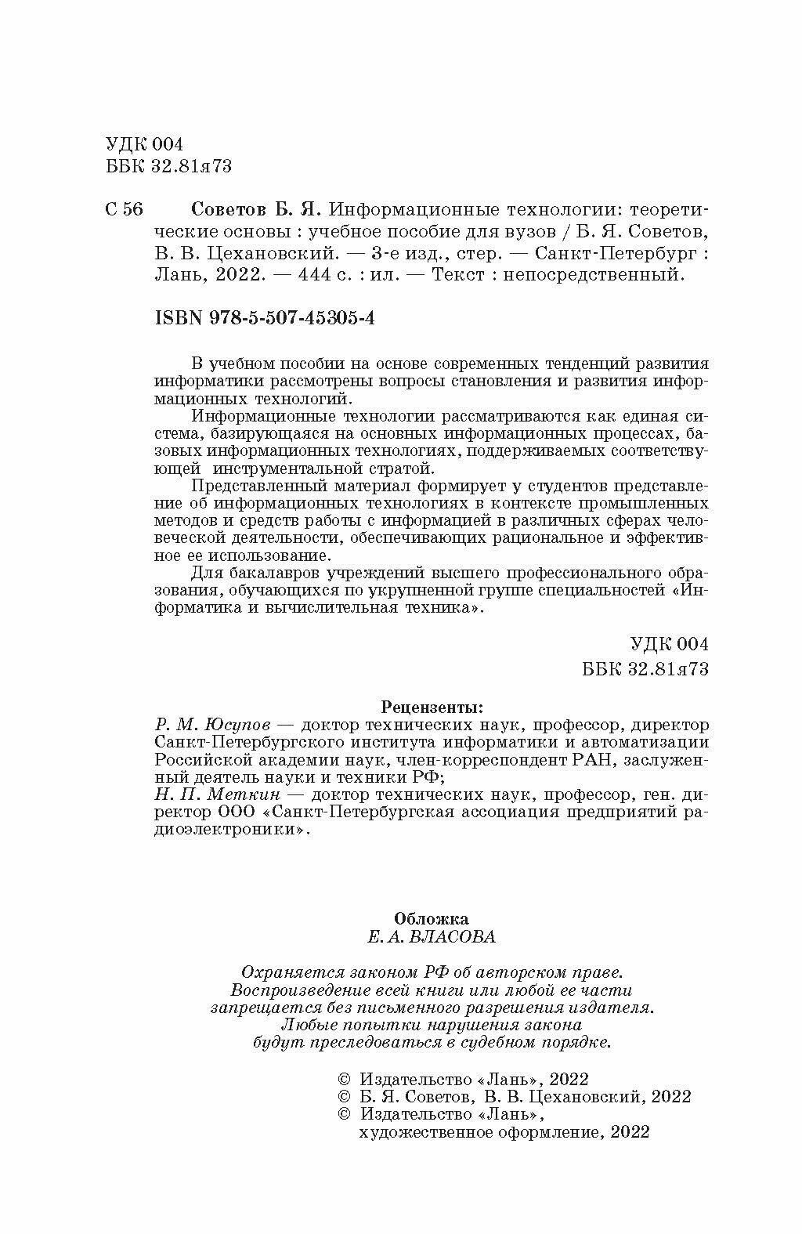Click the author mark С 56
(124, 211)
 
